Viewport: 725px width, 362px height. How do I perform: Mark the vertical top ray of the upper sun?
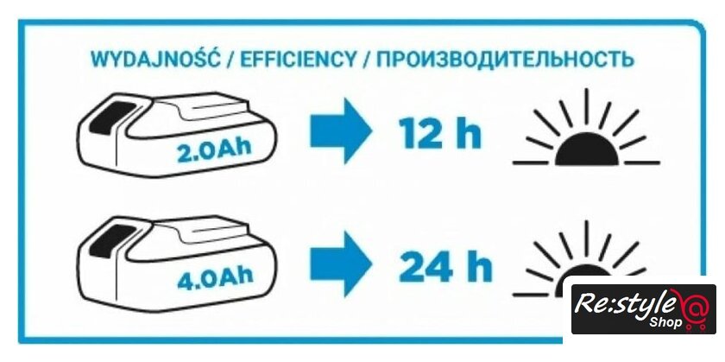(x=588, y=106)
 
